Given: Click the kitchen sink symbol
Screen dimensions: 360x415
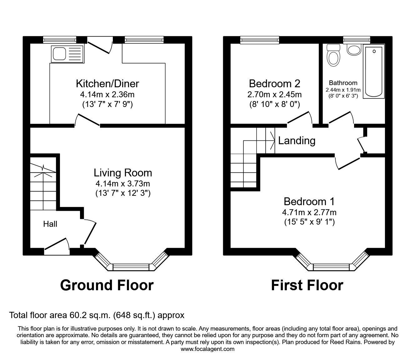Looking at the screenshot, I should [67, 53].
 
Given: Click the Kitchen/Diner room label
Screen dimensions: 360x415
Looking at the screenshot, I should [107, 84].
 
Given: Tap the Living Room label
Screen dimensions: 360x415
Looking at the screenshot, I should [123, 173].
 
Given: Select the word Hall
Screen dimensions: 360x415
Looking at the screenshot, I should [50, 224].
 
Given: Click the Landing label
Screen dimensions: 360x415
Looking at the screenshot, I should [297, 141].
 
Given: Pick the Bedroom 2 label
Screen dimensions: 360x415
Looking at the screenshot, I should [274, 84].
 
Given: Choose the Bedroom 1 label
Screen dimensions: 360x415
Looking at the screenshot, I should [309, 201].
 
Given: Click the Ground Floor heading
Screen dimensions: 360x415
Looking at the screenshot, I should [107, 285].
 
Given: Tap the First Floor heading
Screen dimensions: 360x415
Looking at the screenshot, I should [307, 285].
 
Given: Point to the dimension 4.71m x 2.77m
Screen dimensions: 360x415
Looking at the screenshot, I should [309, 212].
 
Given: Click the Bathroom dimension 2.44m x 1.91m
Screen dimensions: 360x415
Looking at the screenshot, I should [343, 90].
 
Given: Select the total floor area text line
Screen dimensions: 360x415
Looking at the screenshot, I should [97, 315].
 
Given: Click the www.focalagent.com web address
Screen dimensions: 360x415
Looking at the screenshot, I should [207, 349].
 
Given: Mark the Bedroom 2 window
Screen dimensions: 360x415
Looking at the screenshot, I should [259, 39].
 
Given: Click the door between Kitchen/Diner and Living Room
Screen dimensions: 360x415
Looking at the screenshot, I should [87, 121].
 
